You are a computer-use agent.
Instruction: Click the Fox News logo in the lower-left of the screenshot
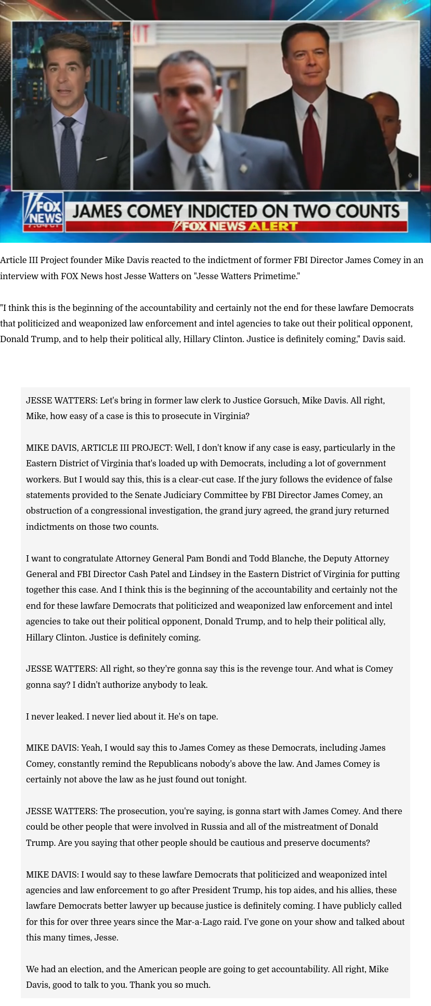[x=44, y=211]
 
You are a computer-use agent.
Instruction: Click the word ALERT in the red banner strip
[x=273, y=226]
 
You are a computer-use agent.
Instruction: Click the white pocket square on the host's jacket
[x=101, y=158]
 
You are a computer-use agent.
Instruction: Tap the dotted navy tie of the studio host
[x=68, y=151]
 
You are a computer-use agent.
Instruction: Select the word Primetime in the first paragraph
[x=275, y=276]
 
